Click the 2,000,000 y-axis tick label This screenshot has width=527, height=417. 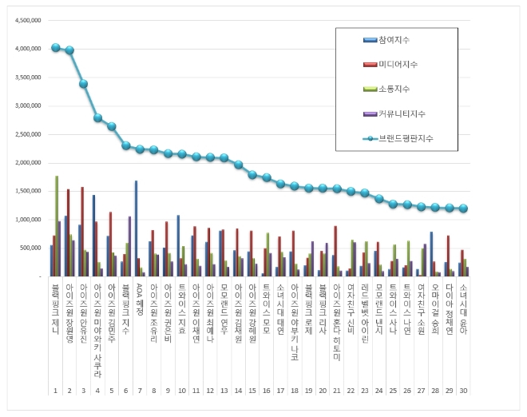tap(26, 162)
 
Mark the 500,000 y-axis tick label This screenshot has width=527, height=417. tap(29, 248)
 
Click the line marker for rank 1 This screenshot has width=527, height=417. tap(55, 47)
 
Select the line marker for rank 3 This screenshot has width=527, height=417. tap(83, 83)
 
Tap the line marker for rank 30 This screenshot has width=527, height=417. tap(464, 208)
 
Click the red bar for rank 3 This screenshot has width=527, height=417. tap(82, 232)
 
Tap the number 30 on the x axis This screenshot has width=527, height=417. tap(464, 391)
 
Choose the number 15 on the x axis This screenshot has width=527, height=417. tap(252, 391)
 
